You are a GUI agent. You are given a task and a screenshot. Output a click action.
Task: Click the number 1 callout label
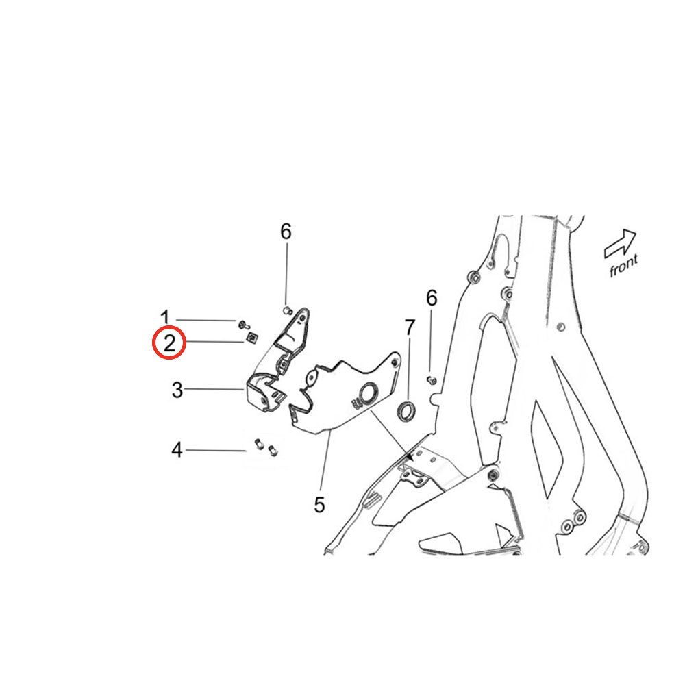pyautogui.click(x=164, y=316)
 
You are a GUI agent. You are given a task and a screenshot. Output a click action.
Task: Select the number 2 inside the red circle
pyautogui.click(x=169, y=343)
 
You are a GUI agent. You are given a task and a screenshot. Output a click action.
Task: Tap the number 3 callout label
pyautogui.click(x=177, y=390)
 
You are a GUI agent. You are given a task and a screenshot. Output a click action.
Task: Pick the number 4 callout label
pyautogui.click(x=177, y=449)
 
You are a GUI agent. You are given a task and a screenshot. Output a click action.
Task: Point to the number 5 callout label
pyautogui.click(x=319, y=505)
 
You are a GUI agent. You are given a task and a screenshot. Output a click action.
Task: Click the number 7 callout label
pyautogui.click(x=410, y=327)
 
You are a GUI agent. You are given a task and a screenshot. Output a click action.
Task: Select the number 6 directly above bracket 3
pyautogui.click(x=286, y=232)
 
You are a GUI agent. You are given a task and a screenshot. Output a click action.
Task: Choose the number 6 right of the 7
pyautogui.click(x=432, y=299)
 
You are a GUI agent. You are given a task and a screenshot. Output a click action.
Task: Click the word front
pyautogui.click(x=623, y=264)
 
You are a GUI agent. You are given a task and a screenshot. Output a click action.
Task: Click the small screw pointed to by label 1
pyautogui.click(x=244, y=325)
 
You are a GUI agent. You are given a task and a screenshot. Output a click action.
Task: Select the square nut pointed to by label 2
pyautogui.click(x=251, y=337)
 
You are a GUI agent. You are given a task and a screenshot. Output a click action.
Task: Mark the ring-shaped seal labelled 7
pyautogui.click(x=406, y=410)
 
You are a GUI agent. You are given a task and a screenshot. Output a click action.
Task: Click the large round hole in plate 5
pyautogui.click(x=367, y=393)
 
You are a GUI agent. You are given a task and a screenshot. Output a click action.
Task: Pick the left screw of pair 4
pyautogui.click(x=259, y=445)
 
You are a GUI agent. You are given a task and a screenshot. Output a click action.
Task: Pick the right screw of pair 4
pyautogui.click(x=273, y=449)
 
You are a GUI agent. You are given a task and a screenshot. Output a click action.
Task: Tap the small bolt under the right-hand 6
pyautogui.click(x=432, y=379)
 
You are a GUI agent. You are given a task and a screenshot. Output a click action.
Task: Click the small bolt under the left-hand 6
pyautogui.click(x=286, y=310)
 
